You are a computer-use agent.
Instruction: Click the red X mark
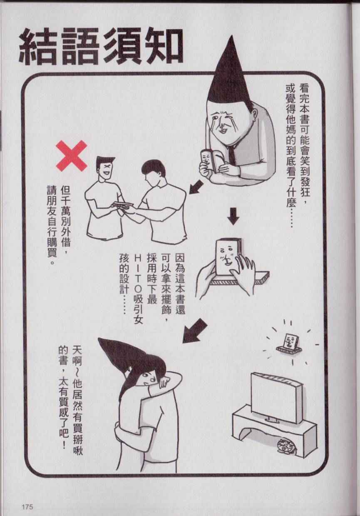(72, 156)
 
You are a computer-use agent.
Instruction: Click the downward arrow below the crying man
(233, 216)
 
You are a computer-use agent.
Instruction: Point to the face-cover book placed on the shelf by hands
(229, 257)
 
